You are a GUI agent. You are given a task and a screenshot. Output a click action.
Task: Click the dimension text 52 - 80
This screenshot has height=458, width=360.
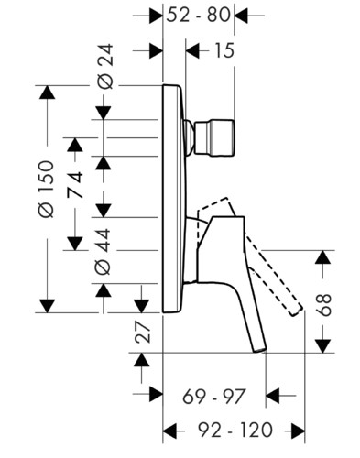(198, 15)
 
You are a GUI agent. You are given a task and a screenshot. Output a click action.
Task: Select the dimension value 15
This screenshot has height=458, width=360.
(224, 50)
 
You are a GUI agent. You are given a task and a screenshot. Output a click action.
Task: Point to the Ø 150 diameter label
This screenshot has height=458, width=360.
(47, 189)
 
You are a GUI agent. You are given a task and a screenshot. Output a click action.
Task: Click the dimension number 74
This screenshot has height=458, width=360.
(75, 185)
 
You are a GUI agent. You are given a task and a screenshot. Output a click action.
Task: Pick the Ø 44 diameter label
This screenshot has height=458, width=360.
(103, 251)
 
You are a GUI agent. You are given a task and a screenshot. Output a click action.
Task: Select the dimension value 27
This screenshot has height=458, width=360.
(143, 332)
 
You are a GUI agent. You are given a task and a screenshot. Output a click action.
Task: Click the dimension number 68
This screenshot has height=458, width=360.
(323, 305)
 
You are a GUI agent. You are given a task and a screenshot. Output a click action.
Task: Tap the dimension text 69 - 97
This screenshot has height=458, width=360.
(213, 396)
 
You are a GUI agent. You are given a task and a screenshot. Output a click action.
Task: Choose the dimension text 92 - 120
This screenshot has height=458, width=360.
(235, 431)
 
